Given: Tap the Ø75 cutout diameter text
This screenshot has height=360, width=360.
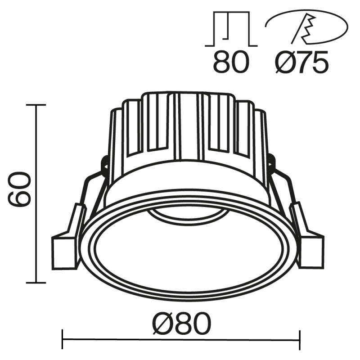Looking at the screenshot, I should point(301,63).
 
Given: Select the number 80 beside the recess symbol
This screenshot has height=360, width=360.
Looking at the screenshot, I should point(231,63).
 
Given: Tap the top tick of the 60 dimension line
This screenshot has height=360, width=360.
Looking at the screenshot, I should point(36,105).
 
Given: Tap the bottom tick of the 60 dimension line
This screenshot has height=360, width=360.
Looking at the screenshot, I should point(36,283).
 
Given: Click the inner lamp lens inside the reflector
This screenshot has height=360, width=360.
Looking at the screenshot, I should point(187,215).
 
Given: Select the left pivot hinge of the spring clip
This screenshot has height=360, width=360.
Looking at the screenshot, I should point(104,164).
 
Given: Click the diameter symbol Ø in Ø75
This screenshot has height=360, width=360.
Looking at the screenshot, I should point(283,63).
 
